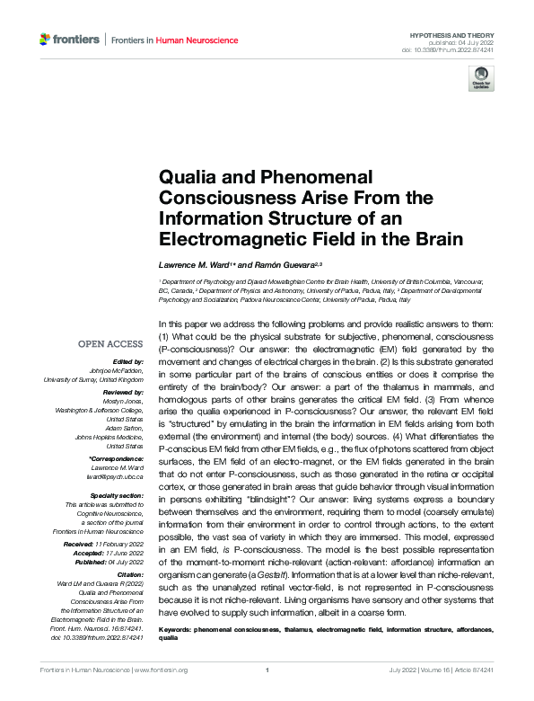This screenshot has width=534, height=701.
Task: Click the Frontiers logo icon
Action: point(46,40)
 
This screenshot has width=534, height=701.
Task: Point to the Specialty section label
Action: point(118,493)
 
